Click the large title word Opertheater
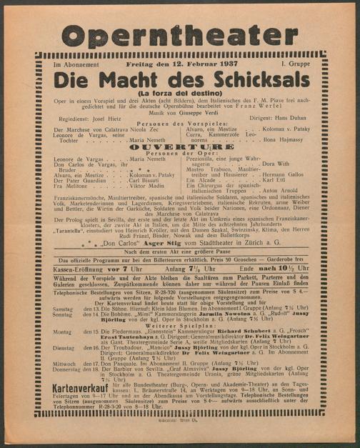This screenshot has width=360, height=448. [x=179, y=35]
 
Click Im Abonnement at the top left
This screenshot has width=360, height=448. [x=74, y=66]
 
